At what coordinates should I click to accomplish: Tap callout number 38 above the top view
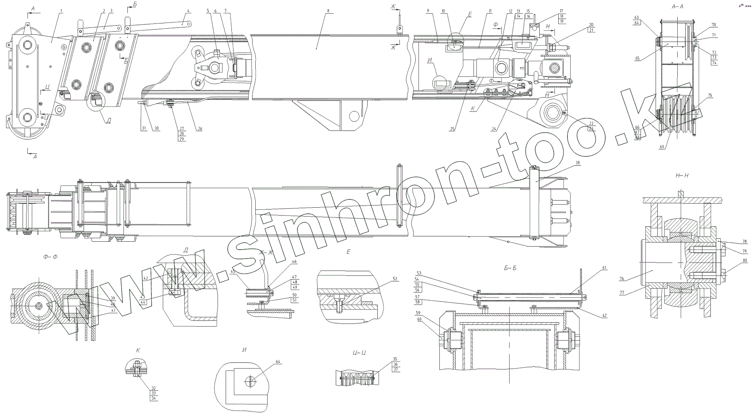tap(577, 163)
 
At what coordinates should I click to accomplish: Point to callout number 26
tap(200, 129)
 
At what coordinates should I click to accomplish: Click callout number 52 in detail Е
tap(394, 279)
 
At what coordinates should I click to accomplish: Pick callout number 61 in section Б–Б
tap(604, 268)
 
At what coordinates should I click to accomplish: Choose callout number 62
tap(604, 316)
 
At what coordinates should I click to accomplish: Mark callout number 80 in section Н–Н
tap(745, 261)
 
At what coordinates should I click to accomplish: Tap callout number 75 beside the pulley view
tap(710, 95)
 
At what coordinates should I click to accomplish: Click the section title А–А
tap(678, 7)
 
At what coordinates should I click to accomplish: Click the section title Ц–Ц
tap(359, 353)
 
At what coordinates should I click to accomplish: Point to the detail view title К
tap(138, 350)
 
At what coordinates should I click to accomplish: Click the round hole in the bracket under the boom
tap(354, 116)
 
